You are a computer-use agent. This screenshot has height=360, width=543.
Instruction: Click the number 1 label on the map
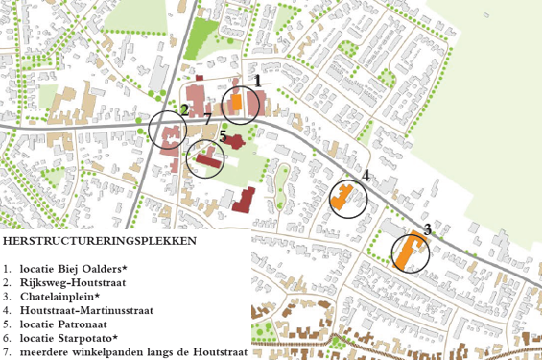(257, 81)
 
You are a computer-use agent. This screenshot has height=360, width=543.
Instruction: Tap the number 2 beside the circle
(184, 109)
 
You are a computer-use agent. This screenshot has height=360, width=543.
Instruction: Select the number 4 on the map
(366, 176)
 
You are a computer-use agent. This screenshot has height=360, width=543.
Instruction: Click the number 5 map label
(222, 136)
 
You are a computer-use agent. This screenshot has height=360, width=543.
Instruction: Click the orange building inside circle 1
(236, 106)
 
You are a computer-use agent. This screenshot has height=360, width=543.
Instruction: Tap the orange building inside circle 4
(341, 199)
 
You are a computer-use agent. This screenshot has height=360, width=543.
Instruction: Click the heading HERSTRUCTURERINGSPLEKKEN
(100, 240)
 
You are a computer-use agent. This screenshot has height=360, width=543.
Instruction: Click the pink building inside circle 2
(170, 134)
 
